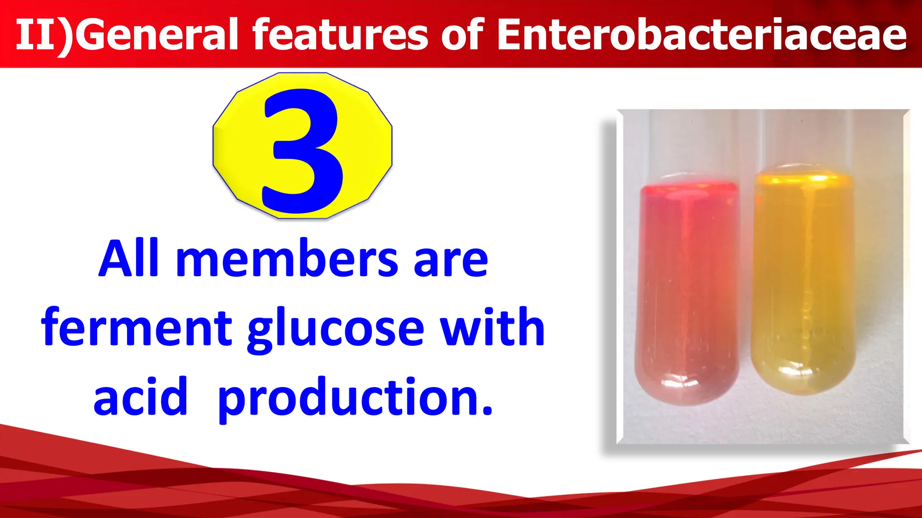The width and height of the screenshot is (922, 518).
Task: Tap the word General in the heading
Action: pyautogui.click(x=156, y=35)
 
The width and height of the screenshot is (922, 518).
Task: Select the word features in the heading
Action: pyautogui.click(x=340, y=35)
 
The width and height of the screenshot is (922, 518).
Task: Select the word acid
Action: pyautogui.click(x=140, y=397)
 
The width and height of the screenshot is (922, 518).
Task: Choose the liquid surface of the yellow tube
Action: pyautogui.click(x=804, y=178)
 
